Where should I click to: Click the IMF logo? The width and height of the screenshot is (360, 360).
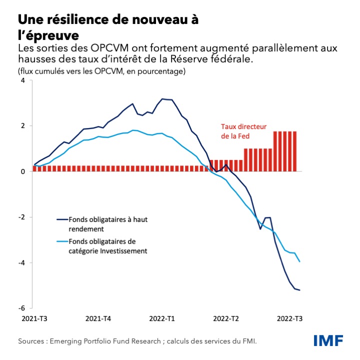coord(328,340)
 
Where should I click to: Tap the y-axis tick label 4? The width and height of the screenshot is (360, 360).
coord(22,80)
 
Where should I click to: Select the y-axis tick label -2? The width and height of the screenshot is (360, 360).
coord(21,217)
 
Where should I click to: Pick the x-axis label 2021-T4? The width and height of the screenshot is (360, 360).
coord(98,318)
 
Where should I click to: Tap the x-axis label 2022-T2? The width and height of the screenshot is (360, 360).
coord(226,318)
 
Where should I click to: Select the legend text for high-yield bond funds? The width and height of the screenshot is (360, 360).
coord(105,224)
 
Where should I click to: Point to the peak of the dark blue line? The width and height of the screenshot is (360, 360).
coord(162,99)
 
